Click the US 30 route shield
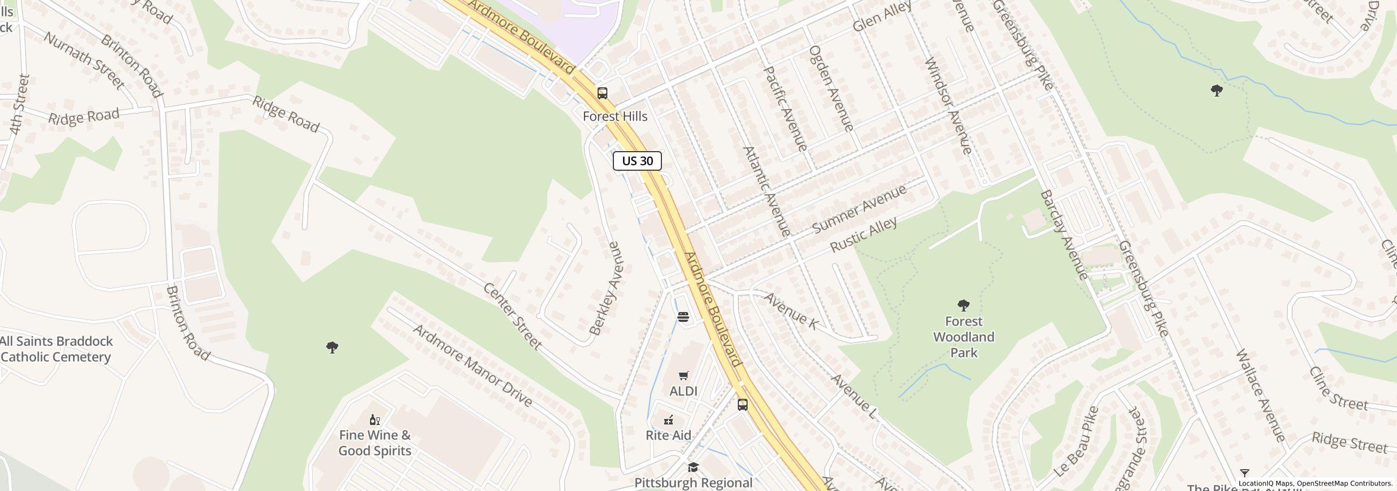pos(637,161)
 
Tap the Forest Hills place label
pos(615,116)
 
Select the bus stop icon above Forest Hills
pos(602,93)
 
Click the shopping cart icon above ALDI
pos(683,375)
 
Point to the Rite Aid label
pos(668,435)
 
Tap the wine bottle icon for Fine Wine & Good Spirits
pos(374,420)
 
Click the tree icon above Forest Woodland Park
pos(964,305)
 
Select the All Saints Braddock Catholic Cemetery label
pos(56,349)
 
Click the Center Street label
pos(512,316)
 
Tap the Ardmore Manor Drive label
pos(473,366)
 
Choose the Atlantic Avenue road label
pos(767,191)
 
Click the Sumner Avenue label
pos(859,209)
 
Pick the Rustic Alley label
pos(863,235)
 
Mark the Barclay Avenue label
pos(1064,235)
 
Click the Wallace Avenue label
pos(1261,396)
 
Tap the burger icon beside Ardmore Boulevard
pos(683,317)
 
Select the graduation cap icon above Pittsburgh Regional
pos(693,467)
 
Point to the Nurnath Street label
pos(84,61)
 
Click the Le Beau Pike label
pos(1076,442)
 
